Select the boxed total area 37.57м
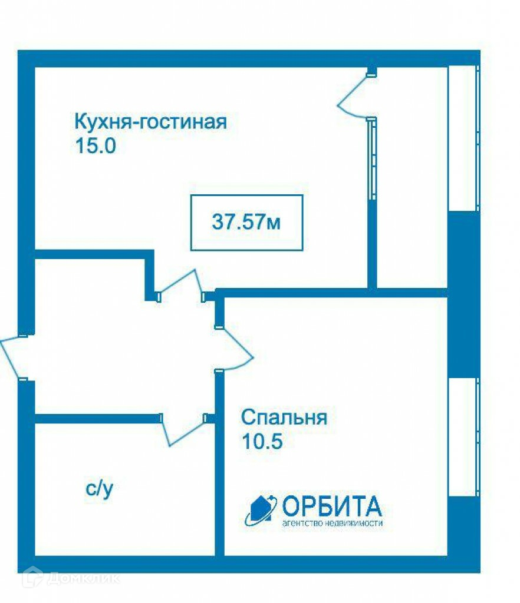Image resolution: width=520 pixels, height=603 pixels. pos(246,223)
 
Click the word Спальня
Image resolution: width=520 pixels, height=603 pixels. pos(284,418)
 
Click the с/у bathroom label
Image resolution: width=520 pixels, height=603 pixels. pos(99,488)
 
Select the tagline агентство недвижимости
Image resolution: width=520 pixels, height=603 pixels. pos(333,523)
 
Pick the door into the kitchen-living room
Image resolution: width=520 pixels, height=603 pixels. pos(180,284)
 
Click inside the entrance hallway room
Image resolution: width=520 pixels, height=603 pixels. pos(118,342)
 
